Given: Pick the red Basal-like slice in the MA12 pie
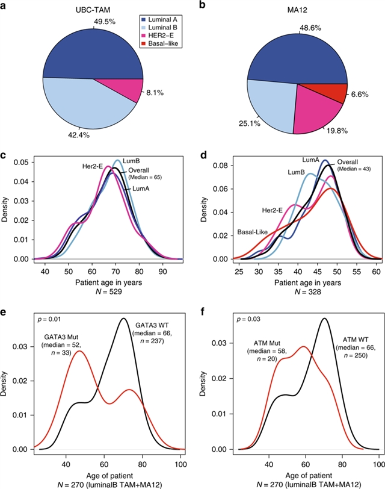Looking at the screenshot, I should (x=337, y=93).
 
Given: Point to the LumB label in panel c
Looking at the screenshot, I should (x=132, y=161).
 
